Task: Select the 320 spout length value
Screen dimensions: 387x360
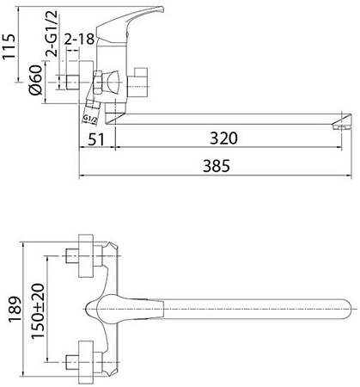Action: click(x=223, y=138)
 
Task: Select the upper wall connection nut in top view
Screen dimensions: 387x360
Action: click(x=83, y=255)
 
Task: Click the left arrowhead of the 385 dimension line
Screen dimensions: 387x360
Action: click(x=82, y=176)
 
